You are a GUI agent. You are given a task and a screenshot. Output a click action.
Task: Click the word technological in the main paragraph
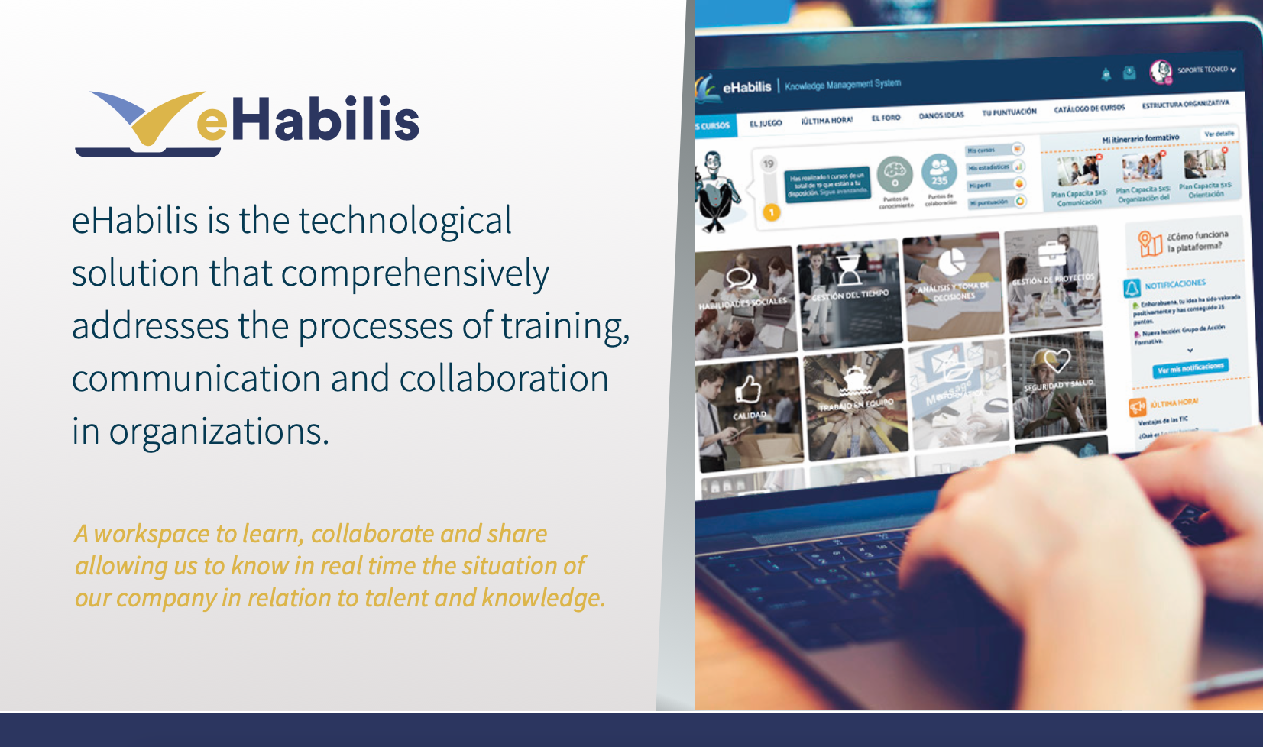pyautogui.click(x=404, y=222)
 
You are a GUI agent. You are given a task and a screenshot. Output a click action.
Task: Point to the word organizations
pyautogui.click(x=219, y=432)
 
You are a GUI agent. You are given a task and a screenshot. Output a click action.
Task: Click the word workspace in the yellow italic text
pyautogui.click(x=151, y=533)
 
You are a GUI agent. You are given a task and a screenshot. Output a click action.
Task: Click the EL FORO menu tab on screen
pyautogui.click(x=886, y=118)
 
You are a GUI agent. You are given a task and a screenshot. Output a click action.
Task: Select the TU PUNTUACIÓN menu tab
pyautogui.click(x=1009, y=112)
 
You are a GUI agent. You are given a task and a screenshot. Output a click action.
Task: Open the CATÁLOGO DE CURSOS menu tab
pyautogui.click(x=1089, y=108)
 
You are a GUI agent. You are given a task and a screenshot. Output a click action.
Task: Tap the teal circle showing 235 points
pyautogui.click(x=939, y=173)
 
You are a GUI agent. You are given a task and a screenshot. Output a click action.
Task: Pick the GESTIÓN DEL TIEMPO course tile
pyautogui.click(x=849, y=290)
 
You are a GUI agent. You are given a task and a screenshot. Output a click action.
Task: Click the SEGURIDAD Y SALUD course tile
pyautogui.click(x=1058, y=382)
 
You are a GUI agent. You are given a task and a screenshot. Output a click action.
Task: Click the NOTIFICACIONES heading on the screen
pyautogui.click(x=1174, y=284)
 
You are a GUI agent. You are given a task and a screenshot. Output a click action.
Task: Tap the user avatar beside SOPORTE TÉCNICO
pyautogui.click(x=1160, y=71)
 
